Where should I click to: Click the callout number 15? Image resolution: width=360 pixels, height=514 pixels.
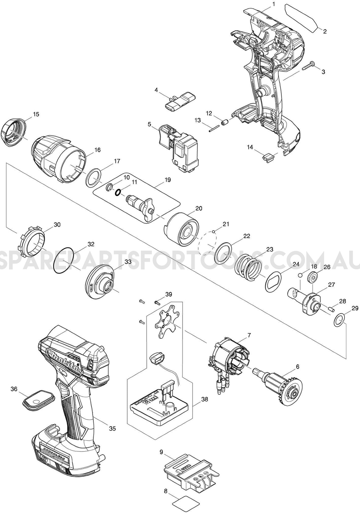36,114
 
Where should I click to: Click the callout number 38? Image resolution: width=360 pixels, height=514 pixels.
205,400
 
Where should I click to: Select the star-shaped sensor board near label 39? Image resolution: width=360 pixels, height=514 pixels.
166,322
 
